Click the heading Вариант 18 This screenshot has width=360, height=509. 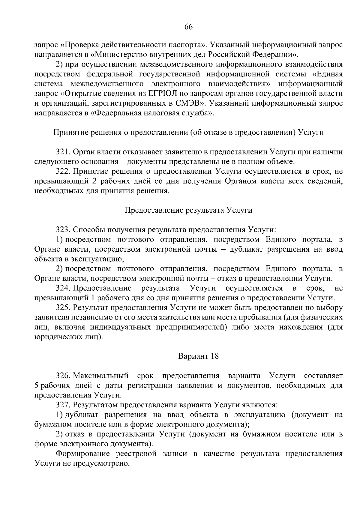[198, 356]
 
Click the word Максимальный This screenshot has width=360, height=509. [101, 376]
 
